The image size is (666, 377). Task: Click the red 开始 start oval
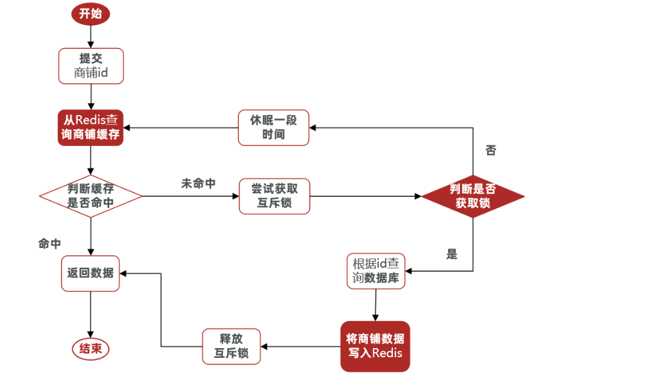tap(91, 14)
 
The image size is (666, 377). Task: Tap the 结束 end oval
tap(91, 349)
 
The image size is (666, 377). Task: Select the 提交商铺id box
tap(91, 65)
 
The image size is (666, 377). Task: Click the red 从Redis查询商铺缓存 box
tap(91, 128)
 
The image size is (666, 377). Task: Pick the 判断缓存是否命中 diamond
tap(91, 196)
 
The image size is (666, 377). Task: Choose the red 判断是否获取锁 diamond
tap(473, 196)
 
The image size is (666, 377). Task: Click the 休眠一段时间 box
tap(273, 128)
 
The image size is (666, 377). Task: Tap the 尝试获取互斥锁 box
tap(274, 196)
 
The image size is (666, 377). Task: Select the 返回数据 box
tap(91, 272)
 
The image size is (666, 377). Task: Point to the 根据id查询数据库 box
tap(376, 270)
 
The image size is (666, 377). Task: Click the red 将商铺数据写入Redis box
tap(375, 346)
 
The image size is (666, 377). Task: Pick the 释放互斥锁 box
tap(232, 346)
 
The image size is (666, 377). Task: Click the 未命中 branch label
tap(198, 184)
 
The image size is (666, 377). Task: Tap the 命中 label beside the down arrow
tap(49, 243)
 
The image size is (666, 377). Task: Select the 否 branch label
tap(490, 151)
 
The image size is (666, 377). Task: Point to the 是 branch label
tap(451, 254)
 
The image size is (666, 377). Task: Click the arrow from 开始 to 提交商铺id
tap(91, 37)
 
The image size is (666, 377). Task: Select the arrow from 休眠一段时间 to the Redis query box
tap(181, 128)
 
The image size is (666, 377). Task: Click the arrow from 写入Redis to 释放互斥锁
tap(301, 346)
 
